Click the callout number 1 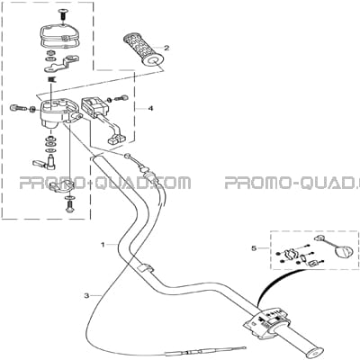pos(103,245)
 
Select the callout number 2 pos(166,48)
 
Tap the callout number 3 pos(86,296)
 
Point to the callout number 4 pos(150,108)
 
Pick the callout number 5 pos(254,248)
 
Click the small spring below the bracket pos(52,80)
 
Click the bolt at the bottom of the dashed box pos(69,207)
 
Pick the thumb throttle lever pos(44,162)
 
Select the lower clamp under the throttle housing pos(61,186)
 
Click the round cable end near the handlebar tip pos(128,155)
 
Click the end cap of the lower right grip pos(315,352)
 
